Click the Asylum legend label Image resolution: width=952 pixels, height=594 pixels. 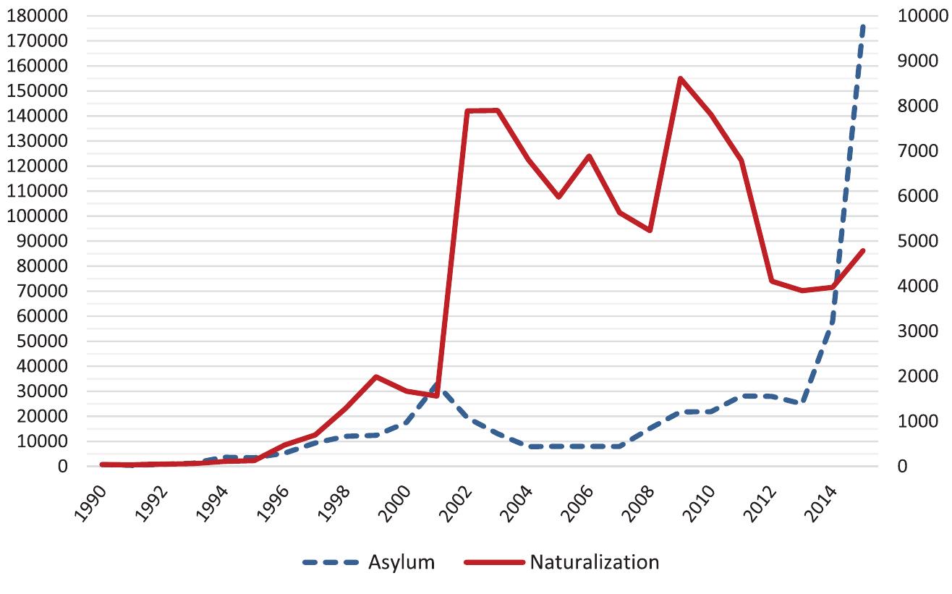point(401,562)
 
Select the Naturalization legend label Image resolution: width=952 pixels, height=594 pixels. point(595,562)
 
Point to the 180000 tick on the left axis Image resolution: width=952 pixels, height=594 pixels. point(37,16)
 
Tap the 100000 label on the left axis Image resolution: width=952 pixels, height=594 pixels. point(37,216)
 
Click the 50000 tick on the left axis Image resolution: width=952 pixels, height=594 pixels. point(41,341)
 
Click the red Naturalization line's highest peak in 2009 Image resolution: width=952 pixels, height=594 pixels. point(680,78)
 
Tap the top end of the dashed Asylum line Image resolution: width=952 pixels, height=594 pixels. point(863,25)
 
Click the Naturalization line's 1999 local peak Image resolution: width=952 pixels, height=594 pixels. point(375,376)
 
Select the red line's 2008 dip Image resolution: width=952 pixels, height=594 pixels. point(650,230)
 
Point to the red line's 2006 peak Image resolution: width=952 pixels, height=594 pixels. point(589,156)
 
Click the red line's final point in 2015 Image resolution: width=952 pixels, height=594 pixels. point(863,250)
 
